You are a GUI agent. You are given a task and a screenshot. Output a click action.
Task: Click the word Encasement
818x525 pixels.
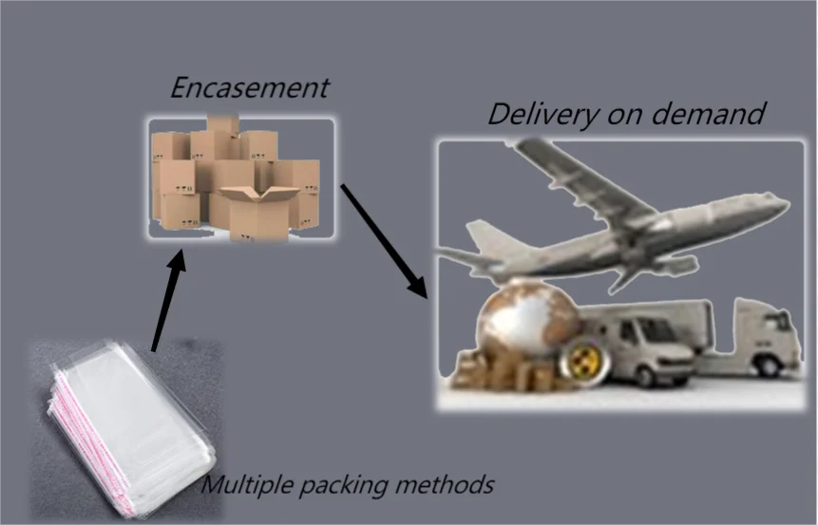click(x=249, y=88)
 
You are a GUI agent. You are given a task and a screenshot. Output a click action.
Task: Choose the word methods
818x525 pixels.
click(x=442, y=485)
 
